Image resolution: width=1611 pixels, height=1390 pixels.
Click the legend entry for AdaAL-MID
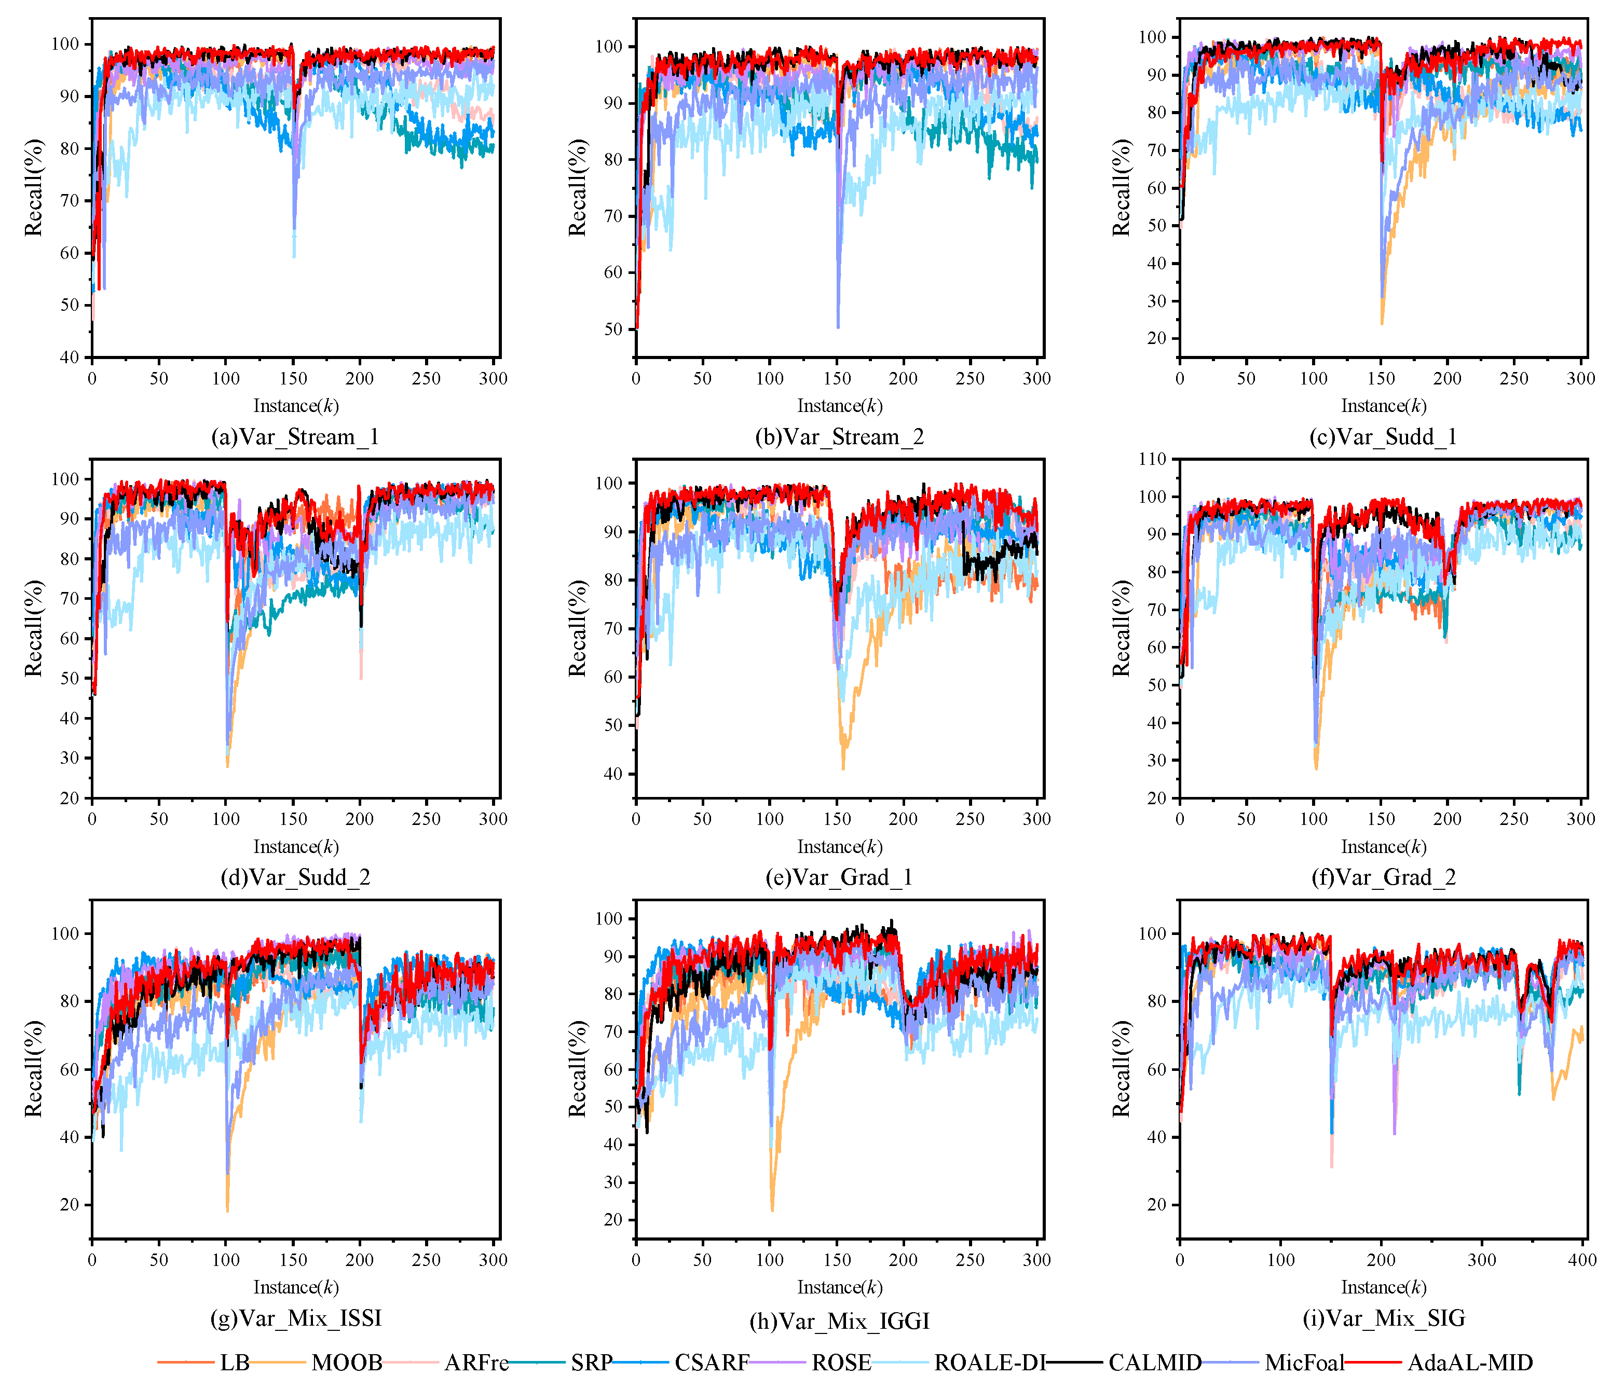tap(1469, 1363)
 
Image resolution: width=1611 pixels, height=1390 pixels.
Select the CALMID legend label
tap(1155, 1363)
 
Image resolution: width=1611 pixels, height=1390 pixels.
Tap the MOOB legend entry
tap(347, 1363)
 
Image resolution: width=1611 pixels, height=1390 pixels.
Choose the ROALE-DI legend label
tap(989, 1363)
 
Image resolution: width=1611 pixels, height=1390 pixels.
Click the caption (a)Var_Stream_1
tap(295, 437)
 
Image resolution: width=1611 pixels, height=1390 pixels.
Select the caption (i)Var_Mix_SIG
tap(1384, 1318)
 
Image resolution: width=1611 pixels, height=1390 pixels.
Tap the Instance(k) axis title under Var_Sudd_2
tap(295, 847)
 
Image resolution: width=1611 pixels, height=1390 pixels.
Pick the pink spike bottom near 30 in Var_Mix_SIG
tap(1332, 1166)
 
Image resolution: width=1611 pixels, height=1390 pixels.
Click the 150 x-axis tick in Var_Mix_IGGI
tap(837, 1259)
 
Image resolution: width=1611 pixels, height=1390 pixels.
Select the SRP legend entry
tap(591, 1363)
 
